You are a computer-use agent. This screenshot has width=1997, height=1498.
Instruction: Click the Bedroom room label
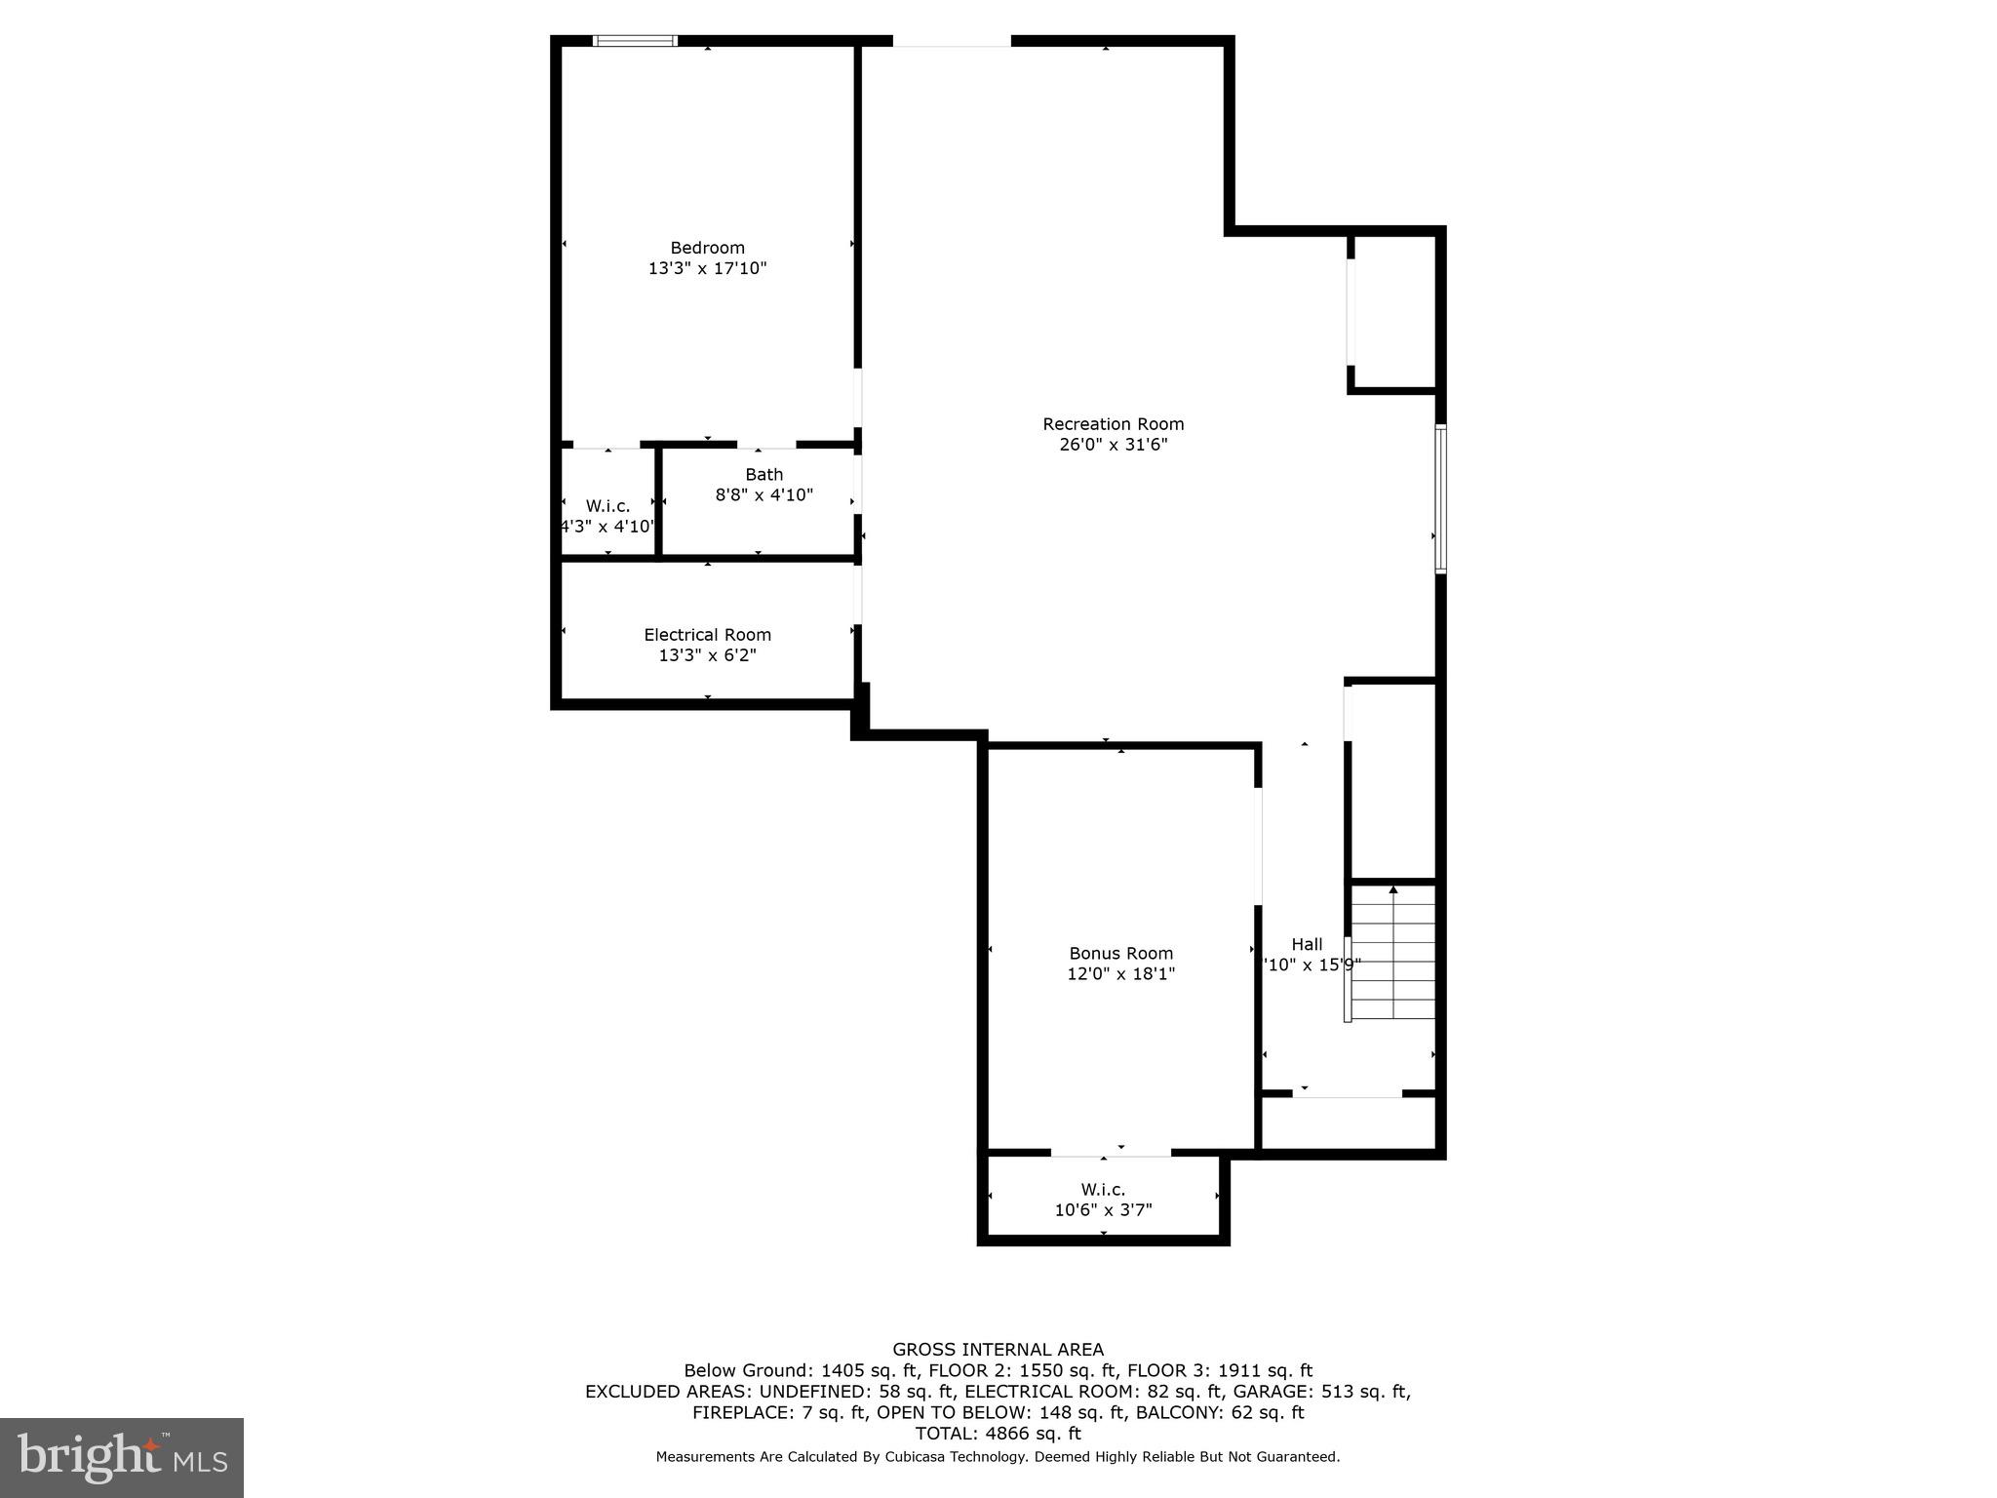707,248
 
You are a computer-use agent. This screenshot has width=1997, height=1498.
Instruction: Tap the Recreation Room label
1113,424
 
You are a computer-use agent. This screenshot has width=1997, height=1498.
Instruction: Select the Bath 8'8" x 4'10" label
764,485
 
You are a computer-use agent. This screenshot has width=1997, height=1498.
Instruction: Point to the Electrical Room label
707,635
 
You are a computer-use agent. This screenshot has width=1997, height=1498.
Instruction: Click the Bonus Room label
1120,954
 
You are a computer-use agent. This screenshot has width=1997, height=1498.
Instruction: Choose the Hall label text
1307,944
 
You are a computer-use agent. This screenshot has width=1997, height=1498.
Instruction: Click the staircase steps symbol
1393,956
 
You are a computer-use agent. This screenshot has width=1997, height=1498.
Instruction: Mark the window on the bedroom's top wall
635,41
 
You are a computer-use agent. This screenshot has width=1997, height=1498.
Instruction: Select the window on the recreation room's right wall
1440,498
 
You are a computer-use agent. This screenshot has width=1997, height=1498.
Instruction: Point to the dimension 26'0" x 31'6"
1113,445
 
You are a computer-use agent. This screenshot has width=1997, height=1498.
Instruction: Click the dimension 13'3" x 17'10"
707,268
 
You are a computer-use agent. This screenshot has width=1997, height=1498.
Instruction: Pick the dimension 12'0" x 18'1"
1120,974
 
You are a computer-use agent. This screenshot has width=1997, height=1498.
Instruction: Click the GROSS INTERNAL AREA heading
998,1350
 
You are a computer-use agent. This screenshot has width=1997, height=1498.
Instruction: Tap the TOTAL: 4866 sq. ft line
998,1434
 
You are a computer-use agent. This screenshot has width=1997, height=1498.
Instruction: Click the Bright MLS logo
122,1457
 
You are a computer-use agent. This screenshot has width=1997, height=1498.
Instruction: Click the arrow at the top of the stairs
1393,889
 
